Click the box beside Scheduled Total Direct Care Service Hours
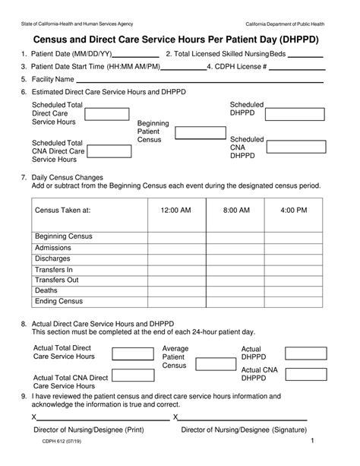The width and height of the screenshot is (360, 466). pos(106,114)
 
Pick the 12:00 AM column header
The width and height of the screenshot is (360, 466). pos(175,209)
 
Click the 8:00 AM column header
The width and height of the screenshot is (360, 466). pos(235,209)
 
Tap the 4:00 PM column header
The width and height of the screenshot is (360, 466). pos(292,209)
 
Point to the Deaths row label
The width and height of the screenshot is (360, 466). pos(46,290)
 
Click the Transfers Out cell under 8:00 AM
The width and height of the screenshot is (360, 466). pos(235,280)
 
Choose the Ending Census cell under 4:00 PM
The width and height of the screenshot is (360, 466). pos(292,301)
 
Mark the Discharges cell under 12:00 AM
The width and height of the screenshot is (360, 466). pos(175,258)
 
